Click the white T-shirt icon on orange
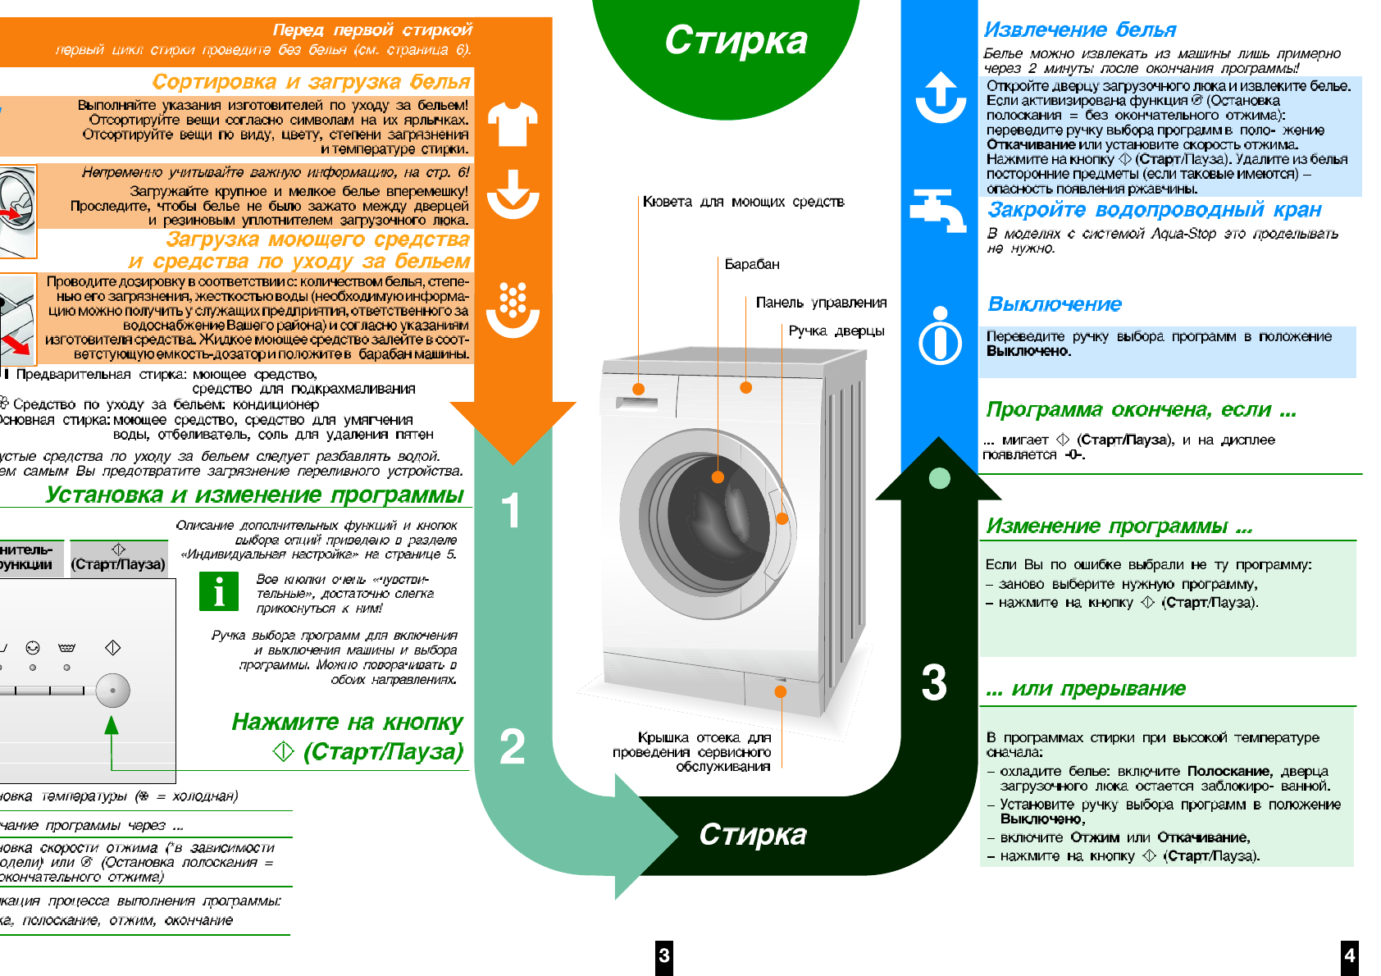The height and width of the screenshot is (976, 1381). coord(513,124)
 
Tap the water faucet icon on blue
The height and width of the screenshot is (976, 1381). coord(939,210)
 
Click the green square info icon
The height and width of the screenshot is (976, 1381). coord(219,591)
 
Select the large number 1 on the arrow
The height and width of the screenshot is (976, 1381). coord(511,510)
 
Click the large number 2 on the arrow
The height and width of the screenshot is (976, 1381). coord(512,746)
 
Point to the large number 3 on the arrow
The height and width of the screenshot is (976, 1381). coord(934,682)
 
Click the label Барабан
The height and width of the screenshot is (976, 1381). coord(752,264)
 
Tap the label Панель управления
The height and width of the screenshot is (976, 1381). coord(821,303)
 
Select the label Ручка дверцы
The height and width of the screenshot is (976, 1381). coord(836,331)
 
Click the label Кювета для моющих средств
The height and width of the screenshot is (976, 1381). coord(743,202)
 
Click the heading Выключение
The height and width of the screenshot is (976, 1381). coord(1055,304)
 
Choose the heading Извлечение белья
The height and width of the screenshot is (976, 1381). coord(1080,30)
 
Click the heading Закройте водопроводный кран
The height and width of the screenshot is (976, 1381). coord(1155,210)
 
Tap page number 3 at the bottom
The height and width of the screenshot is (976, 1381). coord(664,955)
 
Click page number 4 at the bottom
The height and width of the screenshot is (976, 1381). coord(1349,955)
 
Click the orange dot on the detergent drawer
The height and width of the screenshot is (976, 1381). coord(638,390)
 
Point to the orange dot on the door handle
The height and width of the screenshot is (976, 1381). coord(782,518)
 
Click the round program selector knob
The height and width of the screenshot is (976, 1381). coord(112,691)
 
